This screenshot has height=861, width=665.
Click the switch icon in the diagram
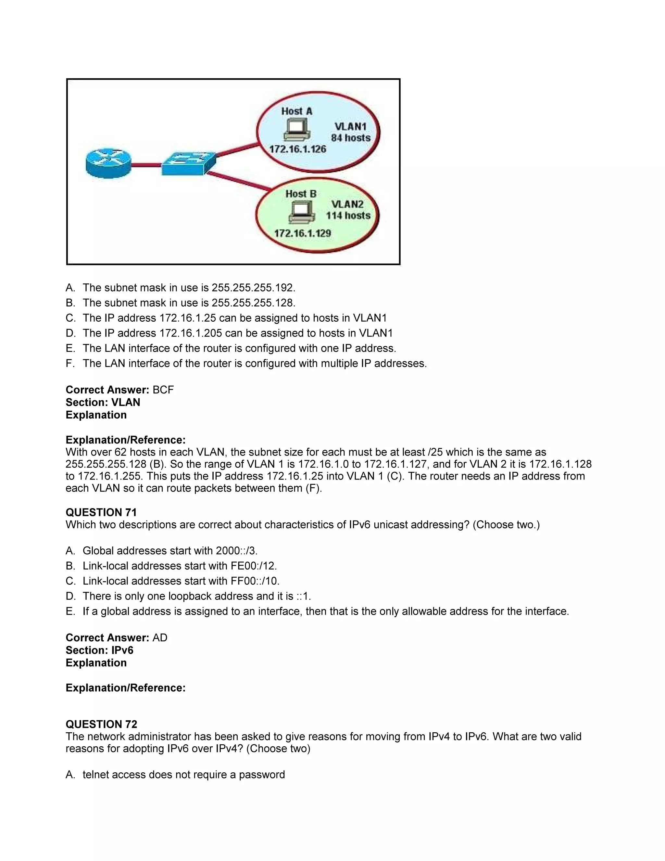click(189, 163)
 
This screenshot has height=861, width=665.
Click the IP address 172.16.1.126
click(297, 149)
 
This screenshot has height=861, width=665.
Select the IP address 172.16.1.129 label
click(302, 233)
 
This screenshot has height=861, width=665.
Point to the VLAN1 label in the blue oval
click(351, 126)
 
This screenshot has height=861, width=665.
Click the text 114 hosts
click(348, 216)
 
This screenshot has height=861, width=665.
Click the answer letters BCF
click(163, 390)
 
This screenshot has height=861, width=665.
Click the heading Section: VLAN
click(103, 402)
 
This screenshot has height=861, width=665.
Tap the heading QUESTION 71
click(101, 512)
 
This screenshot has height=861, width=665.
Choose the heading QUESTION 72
click(101, 724)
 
